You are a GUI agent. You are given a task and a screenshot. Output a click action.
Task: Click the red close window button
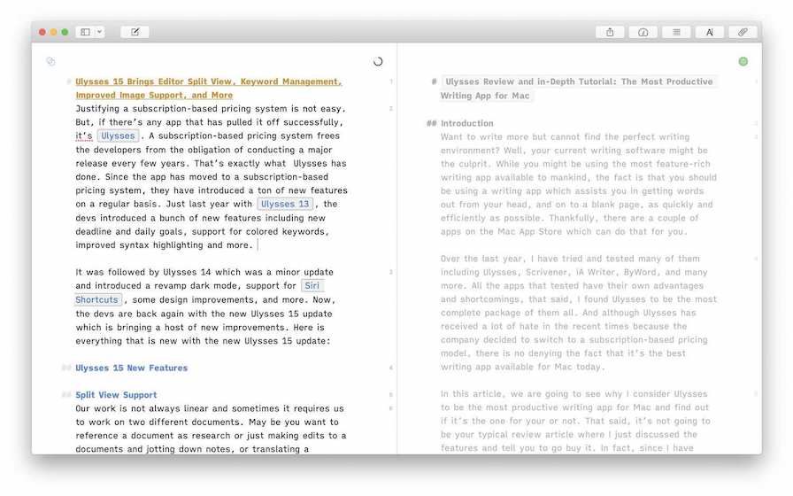(x=42, y=32)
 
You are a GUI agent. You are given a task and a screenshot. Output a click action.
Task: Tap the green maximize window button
(x=65, y=32)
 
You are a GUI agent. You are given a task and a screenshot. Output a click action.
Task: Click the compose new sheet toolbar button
(x=135, y=32)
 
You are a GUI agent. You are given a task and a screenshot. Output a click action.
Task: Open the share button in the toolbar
(x=610, y=32)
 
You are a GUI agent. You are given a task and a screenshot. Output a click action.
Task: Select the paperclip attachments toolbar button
(x=743, y=32)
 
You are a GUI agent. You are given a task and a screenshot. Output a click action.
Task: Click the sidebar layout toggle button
(x=86, y=32)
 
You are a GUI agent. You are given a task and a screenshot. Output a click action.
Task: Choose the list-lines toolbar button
(x=676, y=32)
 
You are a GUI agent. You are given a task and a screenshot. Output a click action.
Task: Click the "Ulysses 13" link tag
(x=285, y=204)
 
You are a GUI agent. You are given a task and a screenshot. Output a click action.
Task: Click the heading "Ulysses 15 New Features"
(x=131, y=368)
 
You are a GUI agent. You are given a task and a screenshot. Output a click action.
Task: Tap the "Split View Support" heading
(x=116, y=395)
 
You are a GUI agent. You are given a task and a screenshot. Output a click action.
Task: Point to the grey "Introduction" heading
(x=466, y=123)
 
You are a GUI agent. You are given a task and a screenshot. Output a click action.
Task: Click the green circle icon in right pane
(x=743, y=61)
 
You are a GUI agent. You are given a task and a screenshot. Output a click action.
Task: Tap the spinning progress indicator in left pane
(x=378, y=62)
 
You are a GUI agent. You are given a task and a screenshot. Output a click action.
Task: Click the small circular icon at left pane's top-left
(x=50, y=61)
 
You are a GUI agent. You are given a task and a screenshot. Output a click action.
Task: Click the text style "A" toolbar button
(x=710, y=32)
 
